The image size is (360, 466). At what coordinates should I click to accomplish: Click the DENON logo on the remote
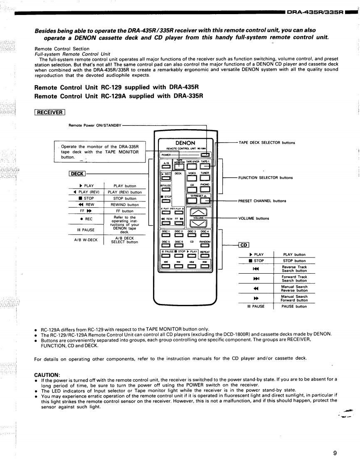point(185,142)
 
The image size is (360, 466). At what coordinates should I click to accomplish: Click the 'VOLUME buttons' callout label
point(253,218)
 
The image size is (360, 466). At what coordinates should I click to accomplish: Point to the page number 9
point(335,441)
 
